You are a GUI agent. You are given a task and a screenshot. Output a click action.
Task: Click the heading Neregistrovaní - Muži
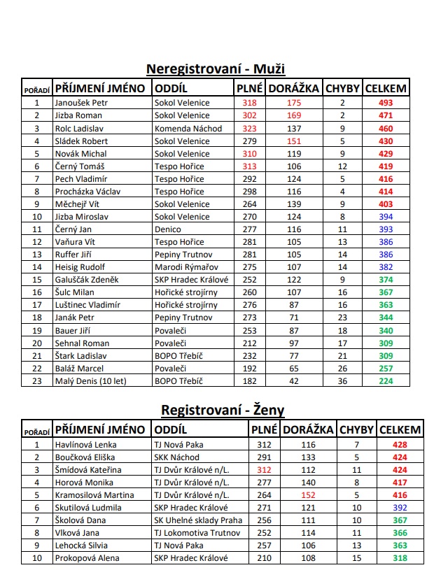(x=216, y=69)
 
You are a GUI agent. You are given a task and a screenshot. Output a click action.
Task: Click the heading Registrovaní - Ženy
(x=223, y=410)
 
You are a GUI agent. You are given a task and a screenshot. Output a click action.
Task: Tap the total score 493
(x=386, y=103)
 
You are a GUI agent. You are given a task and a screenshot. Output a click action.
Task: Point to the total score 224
(x=386, y=381)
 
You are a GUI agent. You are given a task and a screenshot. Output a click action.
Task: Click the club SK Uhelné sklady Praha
(x=198, y=520)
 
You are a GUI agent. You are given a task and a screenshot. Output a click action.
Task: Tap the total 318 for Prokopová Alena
(x=400, y=558)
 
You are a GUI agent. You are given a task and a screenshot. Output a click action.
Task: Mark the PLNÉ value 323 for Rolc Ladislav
(x=249, y=128)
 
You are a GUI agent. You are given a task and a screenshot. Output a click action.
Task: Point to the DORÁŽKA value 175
(x=293, y=103)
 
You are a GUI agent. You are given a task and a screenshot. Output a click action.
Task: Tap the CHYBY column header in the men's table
(x=342, y=89)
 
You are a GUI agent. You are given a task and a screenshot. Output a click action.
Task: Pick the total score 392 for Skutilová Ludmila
(x=400, y=507)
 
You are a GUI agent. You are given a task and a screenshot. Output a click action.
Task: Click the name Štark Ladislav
(x=79, y=356)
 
